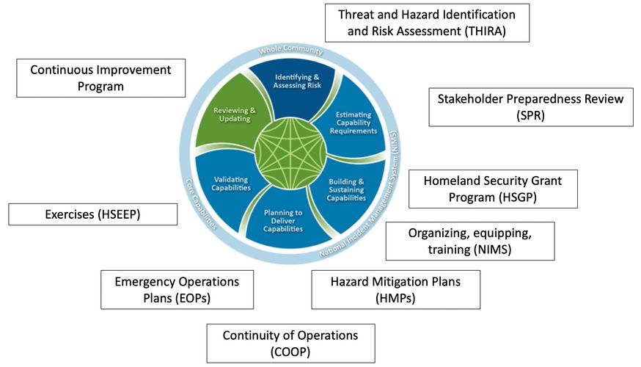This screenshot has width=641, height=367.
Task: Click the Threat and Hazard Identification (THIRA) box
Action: click(428, 23)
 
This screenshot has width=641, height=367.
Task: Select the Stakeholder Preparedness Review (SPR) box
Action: click(530, 107)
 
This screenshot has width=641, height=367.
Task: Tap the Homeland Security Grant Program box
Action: click(491, 189)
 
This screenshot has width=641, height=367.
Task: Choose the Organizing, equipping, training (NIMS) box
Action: click(469, 241)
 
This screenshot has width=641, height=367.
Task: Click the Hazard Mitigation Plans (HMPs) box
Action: click(395, 289)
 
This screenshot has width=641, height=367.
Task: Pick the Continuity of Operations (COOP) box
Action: click(290, 343)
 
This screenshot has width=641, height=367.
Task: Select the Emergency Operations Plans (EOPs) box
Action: click(177, 289)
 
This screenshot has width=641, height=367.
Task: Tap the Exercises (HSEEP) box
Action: click(93, 214)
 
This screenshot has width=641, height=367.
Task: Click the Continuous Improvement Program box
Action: click(100, 78)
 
